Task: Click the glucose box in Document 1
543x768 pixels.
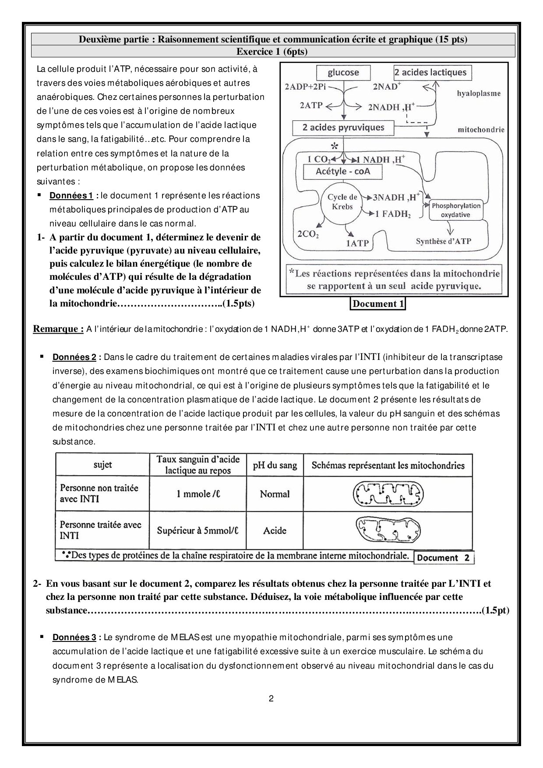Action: point(343,73)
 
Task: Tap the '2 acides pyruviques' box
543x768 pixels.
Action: point(343,128)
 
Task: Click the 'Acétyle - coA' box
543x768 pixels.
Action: point(343,171)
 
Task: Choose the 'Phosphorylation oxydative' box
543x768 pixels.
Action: point(455,210)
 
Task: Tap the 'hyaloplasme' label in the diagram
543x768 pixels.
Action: point(479,93)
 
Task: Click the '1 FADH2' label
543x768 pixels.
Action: point(393,214)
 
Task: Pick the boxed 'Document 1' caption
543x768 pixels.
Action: point(378,303)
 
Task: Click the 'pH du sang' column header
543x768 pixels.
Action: point(275,465)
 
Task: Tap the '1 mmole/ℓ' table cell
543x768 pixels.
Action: point(198,494)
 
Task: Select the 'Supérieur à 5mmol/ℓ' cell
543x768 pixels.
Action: point(198,531)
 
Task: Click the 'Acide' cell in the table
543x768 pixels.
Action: point(275,531)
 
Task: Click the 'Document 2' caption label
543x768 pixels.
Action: point(443,558)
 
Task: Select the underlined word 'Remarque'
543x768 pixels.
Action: point(58,329)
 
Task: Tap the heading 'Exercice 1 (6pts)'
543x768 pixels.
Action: point(272,52)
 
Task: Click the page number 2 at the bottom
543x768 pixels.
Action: point(271,698)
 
